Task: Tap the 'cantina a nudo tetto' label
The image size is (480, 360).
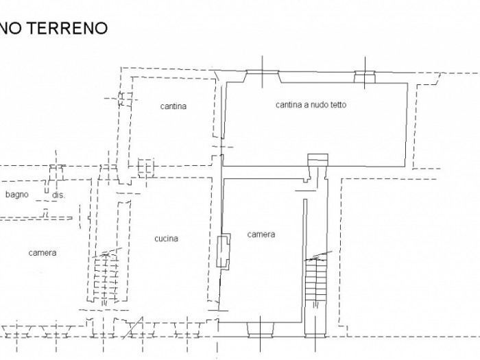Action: click(x=311, y=105)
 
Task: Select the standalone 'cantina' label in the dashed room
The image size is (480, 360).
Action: click(x=173, y=106)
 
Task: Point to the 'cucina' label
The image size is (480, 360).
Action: click(x=166, y=239)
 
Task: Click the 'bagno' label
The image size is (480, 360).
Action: click(x=17, y=194)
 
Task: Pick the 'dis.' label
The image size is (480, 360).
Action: click(x=58, y=195)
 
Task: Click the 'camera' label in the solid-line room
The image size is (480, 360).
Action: click(x=261, y=235)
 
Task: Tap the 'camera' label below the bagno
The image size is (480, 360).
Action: click(x=43, y=253)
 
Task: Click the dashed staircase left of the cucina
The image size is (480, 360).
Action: click(x=106, y=276)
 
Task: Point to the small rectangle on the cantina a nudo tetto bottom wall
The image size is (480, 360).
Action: click(x=317, y=160)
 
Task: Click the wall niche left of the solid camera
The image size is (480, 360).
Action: click(x=224, y=250)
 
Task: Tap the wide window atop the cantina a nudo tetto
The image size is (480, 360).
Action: click(x=263, y=77)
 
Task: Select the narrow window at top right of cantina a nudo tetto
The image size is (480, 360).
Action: click(x=365, y=77)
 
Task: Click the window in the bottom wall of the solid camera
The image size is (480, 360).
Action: click(x=260, y=329)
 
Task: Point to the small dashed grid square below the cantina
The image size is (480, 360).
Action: click(x=145, y=168)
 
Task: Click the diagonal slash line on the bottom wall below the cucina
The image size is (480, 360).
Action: click(x=133, y=328)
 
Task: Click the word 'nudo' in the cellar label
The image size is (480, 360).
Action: click(x=320, y=105)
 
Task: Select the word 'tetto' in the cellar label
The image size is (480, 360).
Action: click(x=338, y=105)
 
